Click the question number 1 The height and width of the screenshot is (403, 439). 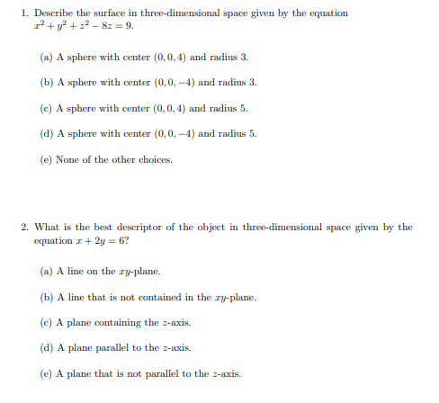[x=24, y=13]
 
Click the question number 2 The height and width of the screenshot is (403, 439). [x=24, y=228]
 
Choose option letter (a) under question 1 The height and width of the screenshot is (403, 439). [x=47, y=57]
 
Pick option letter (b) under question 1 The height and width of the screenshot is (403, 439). [x=47, y=82]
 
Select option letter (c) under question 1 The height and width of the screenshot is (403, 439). [x=47, y=108]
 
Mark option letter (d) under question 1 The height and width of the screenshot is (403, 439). [x=47, y=134]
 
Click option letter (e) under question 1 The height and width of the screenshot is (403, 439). [x=47, y=160]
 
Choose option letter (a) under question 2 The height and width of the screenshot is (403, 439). [x=47, y=271]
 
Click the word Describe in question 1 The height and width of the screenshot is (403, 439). [x=52, y=13]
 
